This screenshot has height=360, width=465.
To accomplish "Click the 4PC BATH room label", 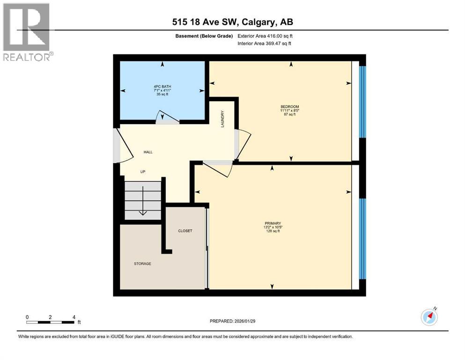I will pos(162,87).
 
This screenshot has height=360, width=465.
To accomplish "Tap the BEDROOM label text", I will pos(289,107).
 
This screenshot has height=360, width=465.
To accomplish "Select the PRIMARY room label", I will pos(272,223).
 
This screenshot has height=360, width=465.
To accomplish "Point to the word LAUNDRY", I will pos(223,119).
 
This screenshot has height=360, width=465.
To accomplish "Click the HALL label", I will pos(148,152).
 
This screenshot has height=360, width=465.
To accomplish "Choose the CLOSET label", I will pos(185,231).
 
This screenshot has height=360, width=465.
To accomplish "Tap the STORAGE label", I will pos(142,263).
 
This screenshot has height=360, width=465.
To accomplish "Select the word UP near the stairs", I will pos(143,172).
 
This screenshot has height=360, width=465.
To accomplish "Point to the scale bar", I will pos(51,322).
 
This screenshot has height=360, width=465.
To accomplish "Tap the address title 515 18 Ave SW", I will pos(232,22).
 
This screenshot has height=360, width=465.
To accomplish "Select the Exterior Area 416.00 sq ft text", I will pos(265,36).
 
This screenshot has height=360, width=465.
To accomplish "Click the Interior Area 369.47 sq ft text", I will pos(265,43).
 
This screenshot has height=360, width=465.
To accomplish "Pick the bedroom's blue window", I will pos(362,102).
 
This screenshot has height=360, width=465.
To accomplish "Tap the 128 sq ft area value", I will pos(272,231).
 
